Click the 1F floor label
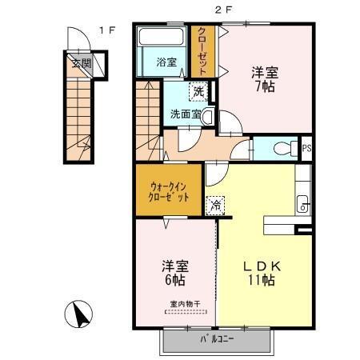pyautogui.click(x=107, y=30)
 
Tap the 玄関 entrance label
pyautogui.click(x=81, y=63)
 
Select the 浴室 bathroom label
pyautogui.click(x=166, y=62)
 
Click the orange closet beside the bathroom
pyautogui.click(x=202, y=51)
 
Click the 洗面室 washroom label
pyautogui.click(x=185, y=114)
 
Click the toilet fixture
pyautogui.click(x=282, y=149)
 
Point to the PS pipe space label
pyautogui.click(x=306, y=149)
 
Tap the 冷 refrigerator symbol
pyautogui.click(x=215, y=206)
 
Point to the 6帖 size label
pyautogui.click(x=174, y=281)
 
